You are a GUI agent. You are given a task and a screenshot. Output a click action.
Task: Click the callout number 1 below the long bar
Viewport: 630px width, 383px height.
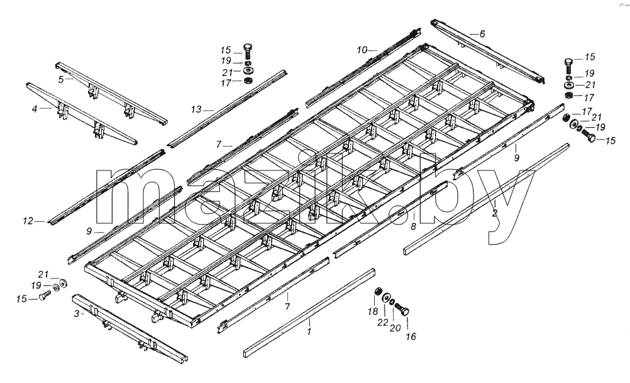tap(309, 332)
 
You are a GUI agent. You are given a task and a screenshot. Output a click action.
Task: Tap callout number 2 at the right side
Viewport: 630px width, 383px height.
tap(495, 213)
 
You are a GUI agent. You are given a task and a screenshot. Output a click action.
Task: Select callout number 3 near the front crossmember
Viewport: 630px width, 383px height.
tap(76, 313)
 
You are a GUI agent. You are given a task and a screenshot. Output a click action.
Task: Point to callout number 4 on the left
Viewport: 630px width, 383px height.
tap(35, 109)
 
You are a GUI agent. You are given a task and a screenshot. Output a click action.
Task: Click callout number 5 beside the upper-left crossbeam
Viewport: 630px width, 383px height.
tap(60, 79)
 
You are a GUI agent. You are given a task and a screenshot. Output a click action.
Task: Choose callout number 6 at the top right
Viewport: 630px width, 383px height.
tap(482, 34)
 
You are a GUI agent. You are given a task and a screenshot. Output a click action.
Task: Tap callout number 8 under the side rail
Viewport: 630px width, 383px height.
tap(414, 226)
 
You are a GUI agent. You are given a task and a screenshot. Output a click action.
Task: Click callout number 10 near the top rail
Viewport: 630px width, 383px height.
tap(362, 50)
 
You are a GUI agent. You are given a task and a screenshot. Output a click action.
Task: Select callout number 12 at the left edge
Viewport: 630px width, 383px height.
tap(28, 221)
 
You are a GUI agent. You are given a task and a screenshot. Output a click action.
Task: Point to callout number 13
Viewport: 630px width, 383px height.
tap(196, 109)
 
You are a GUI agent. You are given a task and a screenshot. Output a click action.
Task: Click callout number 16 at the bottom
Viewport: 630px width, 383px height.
tap(411, 336)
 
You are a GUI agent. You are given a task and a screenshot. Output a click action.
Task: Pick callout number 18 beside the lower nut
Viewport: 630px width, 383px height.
tap(372, 311)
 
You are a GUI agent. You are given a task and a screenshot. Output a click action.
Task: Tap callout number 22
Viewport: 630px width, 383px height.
tap(382, 323)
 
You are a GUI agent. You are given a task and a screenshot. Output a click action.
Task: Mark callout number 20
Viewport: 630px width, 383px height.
tap(395, 328)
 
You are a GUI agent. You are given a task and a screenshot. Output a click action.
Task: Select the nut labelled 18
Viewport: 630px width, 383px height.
tap(378, 291)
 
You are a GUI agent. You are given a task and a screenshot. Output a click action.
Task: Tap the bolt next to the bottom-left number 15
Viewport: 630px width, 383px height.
tap(44, 296)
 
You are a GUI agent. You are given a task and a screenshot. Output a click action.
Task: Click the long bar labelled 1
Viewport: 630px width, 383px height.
tap(309, 313)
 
